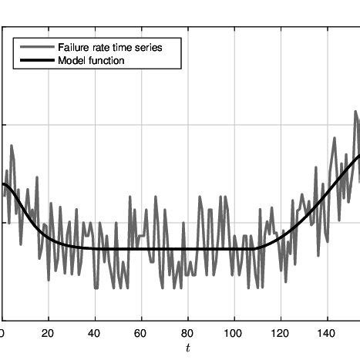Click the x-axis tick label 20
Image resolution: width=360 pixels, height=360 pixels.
point(49,333)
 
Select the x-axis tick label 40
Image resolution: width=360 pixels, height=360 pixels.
point(95,333)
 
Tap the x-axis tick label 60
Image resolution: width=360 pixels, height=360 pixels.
point(141,333)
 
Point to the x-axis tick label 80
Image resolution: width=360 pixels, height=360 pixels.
point(187,333)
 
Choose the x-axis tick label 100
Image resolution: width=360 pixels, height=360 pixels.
point(234,333)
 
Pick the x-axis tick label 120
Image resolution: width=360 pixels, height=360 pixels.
point(281,333)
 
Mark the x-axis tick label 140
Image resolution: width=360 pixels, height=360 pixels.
point(327,333)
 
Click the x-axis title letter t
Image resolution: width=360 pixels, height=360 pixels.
point(187,349)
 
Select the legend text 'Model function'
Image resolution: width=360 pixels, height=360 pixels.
point(92,60)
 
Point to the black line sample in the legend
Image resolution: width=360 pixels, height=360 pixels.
point(37,60)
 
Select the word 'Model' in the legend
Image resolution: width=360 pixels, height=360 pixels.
point(72,60)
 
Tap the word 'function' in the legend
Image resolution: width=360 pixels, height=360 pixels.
point(106,60)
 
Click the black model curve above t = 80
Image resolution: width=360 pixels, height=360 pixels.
point(187,248)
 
